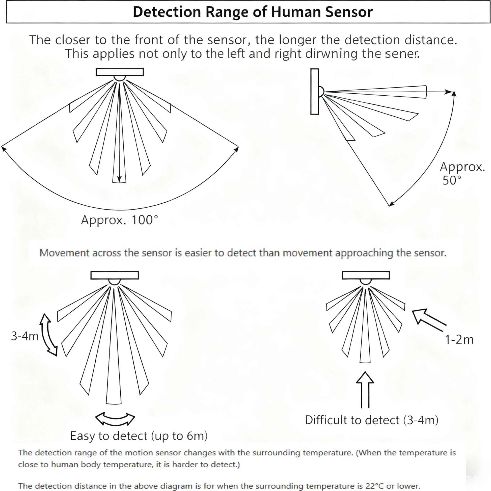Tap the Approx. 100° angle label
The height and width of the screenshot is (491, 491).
point(119,220)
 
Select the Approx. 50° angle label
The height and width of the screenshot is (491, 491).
point(462,174)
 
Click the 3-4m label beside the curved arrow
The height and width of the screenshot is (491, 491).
point(25,336)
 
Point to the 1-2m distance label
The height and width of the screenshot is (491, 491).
point(459,340)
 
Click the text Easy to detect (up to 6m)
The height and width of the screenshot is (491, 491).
point(139,436)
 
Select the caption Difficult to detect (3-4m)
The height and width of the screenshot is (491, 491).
point(372,420)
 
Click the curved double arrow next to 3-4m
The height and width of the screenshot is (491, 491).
point(48,335)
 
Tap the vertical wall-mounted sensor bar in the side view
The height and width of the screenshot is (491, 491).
point(315,92)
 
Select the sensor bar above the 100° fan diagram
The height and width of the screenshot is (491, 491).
point(119,72)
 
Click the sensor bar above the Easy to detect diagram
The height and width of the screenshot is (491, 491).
point(115,275)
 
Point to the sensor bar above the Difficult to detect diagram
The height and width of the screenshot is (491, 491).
point(365,275)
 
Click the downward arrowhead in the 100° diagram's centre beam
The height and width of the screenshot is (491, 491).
point(119,179)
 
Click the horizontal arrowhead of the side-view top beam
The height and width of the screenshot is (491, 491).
point(448,92)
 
